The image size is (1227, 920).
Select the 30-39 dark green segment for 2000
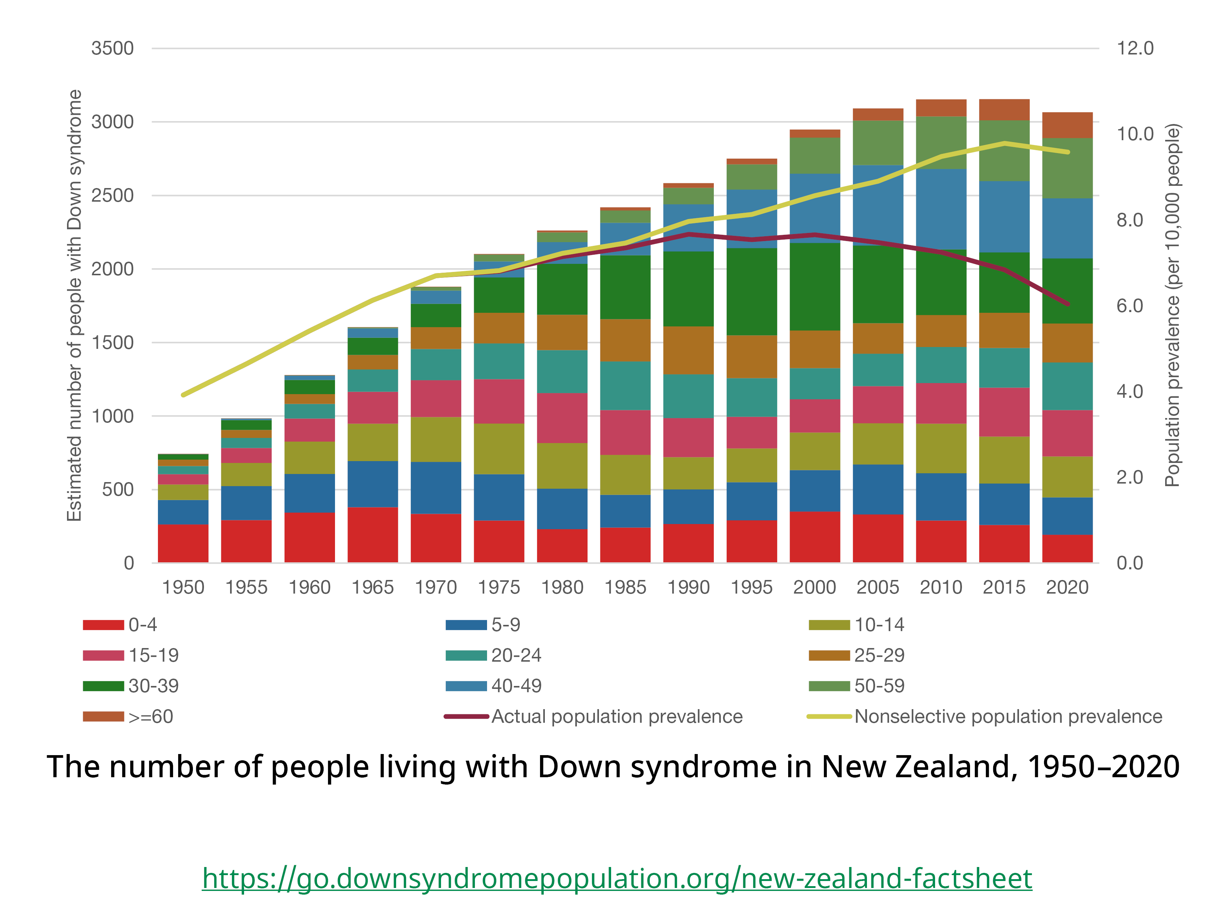[x=814, y=286]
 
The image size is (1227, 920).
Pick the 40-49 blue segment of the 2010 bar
[x=941, y=209]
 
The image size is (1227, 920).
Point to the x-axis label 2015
[x=1004, y=587]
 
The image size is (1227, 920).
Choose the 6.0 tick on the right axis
[x=1129, y=305]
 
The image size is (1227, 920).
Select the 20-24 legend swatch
[x=466, y=655]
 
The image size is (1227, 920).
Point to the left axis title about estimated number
[x=74, y=305]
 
